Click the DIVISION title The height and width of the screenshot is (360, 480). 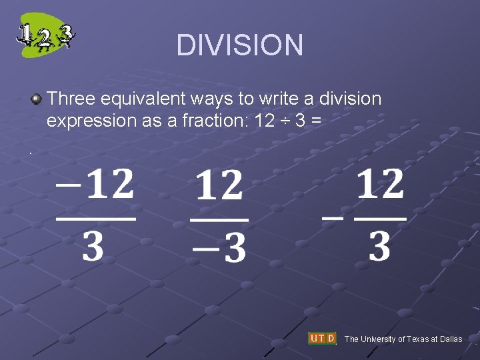click(239, 45)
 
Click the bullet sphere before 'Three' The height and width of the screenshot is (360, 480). click(36, 99)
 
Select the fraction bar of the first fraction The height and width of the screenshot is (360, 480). click(96, 218)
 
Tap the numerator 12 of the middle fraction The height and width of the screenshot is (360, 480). click(219, 185)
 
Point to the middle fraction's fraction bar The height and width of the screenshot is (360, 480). click(219, 219)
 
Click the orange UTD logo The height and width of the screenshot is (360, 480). click(322, 339)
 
